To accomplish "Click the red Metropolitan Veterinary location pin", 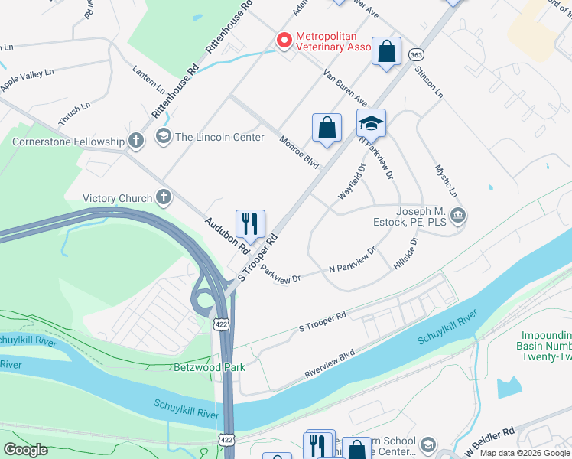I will pyautogui.click(x=284, y=40).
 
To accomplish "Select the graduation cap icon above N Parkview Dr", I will pyautogui.click(x=371, y=124).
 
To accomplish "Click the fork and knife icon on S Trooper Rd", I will pyautogui.click(x=250, y=224).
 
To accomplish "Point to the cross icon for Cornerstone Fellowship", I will pyautogui.click(x=135, y=141).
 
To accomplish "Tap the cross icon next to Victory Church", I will pyautogui.click(x=163, y=198).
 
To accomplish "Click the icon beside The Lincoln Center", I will pyautogui.click(x=163, y=137).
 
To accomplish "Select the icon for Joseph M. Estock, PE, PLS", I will pyautogui.click(x=458, y=217).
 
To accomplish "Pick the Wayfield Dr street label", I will pyautogui.click(x=353, y=182).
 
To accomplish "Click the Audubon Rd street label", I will pyautogui.click(x=227, y=236).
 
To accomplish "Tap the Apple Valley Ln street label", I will pyautogui.click(x=27, y=79).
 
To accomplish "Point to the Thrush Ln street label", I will pyautogui.click(x=69, y=116).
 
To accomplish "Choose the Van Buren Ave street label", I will pyautogui.click(x=345, y=88).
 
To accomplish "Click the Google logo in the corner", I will pyautogui.click(x=26, y=449).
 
